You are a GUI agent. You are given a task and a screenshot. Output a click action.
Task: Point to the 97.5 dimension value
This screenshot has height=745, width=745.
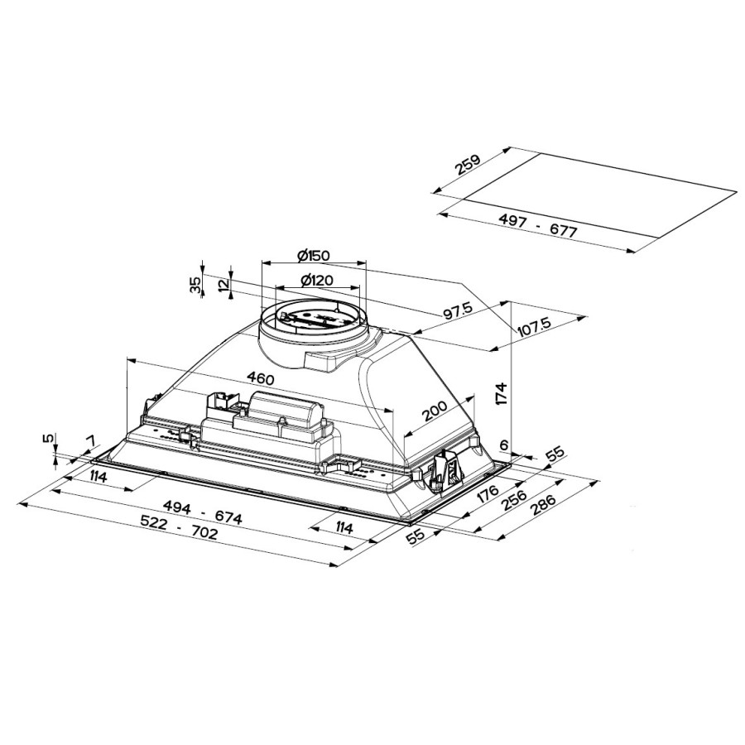click(457, 312)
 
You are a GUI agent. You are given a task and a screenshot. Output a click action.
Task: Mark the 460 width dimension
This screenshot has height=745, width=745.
click(260, 378)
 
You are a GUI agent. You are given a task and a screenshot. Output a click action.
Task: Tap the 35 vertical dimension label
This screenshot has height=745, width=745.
click(195, 285)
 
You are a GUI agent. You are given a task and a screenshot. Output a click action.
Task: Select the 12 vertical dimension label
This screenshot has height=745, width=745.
click(223, 285)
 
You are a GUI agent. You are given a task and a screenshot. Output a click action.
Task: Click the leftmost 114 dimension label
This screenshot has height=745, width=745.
click(100, 476)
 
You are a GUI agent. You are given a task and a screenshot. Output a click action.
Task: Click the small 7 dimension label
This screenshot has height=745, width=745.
click(90, 439)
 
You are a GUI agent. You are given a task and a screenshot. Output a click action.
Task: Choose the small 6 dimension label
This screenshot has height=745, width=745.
click(503, 445)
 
